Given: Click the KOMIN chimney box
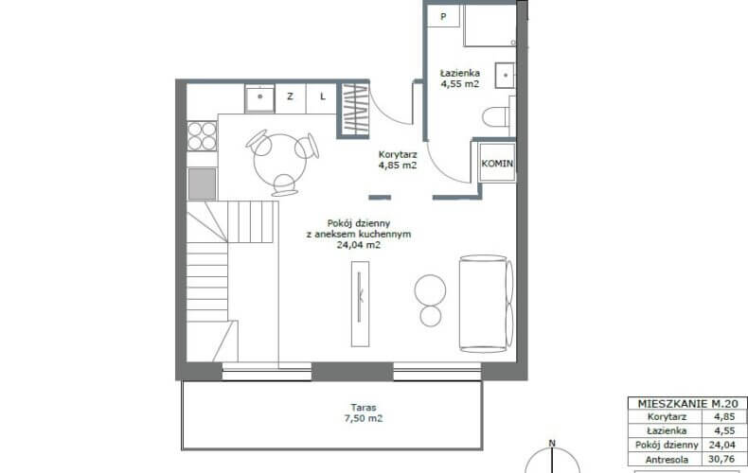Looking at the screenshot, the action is click(x=497, y=163).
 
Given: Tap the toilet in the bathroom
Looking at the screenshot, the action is click(x=498, y=116).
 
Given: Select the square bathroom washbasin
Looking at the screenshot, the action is click(x=505, y=76).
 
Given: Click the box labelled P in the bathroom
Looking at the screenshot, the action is click(x=443, y=17).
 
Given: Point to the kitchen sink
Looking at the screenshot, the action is click(x=259, y=98).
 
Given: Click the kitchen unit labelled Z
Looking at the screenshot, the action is click(x=290, y=96).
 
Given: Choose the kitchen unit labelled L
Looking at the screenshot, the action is click(x=323, y=96).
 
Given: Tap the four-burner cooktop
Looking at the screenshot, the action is click(x=202, y=136).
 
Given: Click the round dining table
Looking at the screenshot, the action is click(x=280, y=161).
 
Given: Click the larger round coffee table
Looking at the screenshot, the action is click(x=430, y=289).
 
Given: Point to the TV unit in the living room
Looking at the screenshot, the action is click(x=360, y=304).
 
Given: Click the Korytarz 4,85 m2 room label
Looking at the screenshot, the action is click(x=398, y=160).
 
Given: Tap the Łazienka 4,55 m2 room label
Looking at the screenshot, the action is click(x=459, y=79).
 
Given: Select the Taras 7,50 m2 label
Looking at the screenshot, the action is click(x=364, y=413).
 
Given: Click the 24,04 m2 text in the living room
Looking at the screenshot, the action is click(x=359, y=246).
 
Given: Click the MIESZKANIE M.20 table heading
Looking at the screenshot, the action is click(x=687, y=403).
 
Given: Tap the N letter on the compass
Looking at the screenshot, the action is click(x=552, y=444).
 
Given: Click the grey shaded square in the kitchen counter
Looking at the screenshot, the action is click(x=202, y=184).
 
